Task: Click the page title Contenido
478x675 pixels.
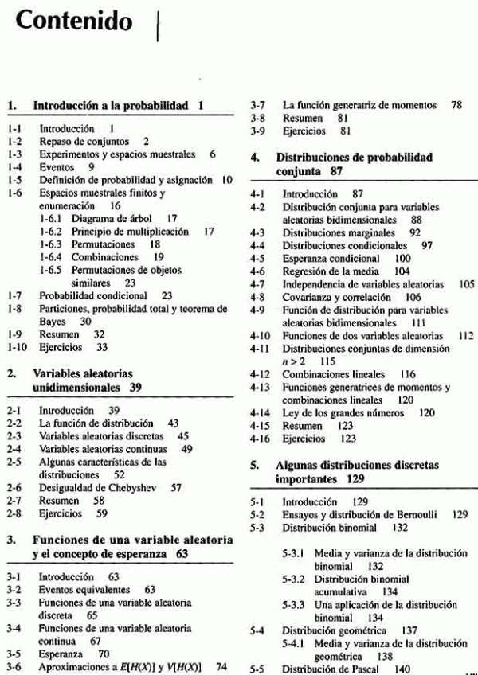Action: coord(74,21)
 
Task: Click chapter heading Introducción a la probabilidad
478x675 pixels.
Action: coord(110,104)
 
